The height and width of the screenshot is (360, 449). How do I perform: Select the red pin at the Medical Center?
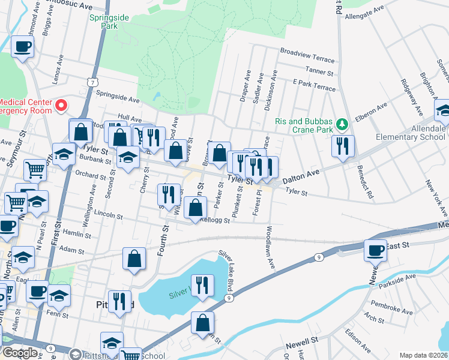61,106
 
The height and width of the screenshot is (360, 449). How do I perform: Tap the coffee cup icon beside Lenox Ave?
22,46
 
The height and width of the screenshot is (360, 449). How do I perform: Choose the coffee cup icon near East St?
376,250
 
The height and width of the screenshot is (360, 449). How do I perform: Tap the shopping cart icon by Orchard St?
35,170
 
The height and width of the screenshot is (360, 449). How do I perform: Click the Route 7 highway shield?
90,80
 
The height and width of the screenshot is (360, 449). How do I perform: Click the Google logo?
20,352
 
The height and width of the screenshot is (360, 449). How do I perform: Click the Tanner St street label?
319,71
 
